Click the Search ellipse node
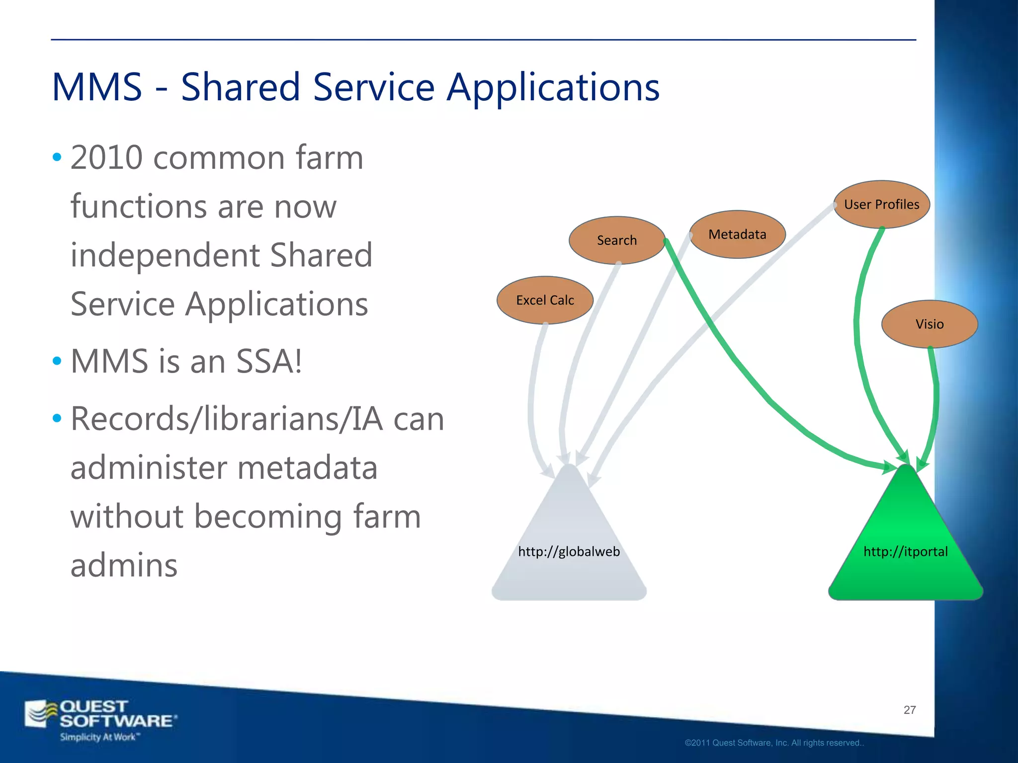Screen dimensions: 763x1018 [x=616, y=240]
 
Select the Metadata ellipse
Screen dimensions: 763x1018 [x=737, y=234]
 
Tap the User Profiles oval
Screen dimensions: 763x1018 [x=881, y=204]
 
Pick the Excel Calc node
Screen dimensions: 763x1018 [x=545, y=300]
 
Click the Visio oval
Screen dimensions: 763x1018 [x=929, y=324]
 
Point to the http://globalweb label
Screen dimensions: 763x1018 [x=569, y=551]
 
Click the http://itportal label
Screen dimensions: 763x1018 [x=905, y=551]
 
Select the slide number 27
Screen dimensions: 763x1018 [x=909, y=710]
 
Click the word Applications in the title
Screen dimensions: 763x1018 [x=553, y=87]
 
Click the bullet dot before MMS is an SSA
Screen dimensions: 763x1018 [x=57, y=361]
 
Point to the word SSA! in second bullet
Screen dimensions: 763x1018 [x=268, y=361]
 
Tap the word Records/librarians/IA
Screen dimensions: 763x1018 [x=226, y=419]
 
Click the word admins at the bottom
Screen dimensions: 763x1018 [x=124, y=565]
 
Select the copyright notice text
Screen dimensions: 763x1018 [x=774, y=743]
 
